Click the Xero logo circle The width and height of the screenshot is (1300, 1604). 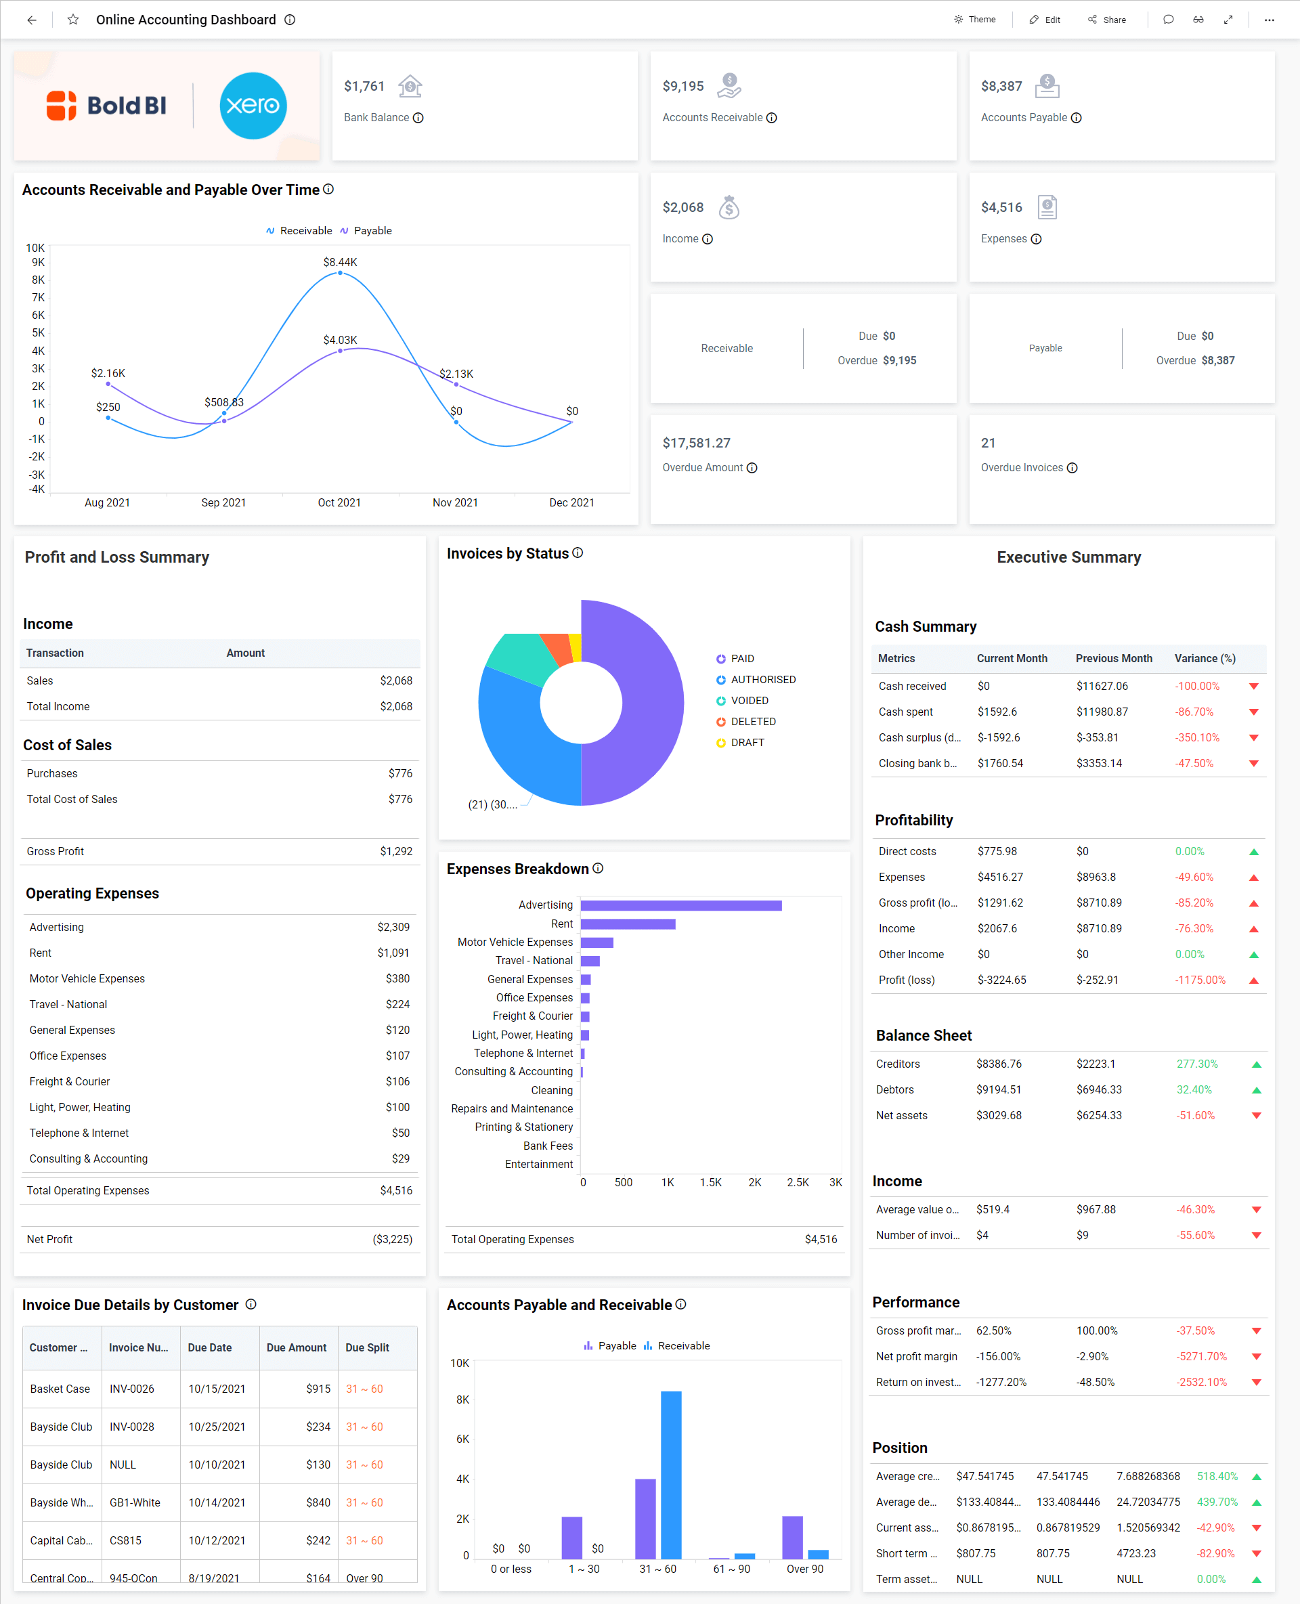(253, 106)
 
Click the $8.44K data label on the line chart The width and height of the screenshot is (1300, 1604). (340, 262)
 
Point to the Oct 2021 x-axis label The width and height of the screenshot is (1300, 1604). (339, 502)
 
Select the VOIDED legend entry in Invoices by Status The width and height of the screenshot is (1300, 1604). (749, 701)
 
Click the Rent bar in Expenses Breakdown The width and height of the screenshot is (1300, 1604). (628, 924)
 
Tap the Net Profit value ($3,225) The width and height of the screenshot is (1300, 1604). (393, 1239)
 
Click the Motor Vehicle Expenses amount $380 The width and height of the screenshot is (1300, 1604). (397, 979)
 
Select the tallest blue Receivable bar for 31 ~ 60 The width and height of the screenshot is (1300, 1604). (671, 1475)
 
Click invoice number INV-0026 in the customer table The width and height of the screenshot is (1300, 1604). (132, 1389)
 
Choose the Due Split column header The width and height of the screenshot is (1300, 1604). (367, 1348)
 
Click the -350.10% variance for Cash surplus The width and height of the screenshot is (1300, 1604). (1196, 737)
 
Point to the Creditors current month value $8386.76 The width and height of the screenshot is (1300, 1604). (998, 1064)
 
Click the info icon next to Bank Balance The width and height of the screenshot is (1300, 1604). (418, 118)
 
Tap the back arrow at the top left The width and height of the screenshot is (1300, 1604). (31, 20)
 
